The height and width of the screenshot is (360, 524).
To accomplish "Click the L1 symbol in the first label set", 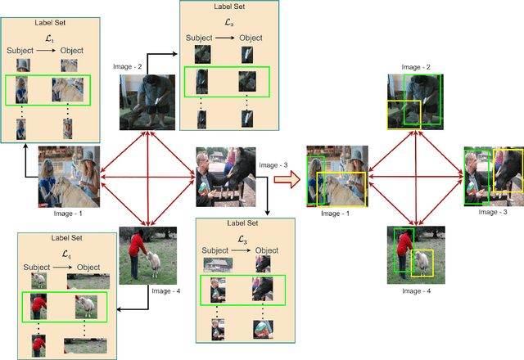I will pos(48,38).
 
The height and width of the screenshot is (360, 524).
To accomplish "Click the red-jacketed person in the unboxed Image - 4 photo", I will pos(136,250).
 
